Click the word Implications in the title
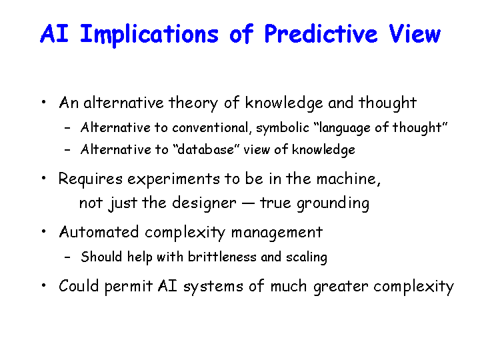pyautogui.click(x=149, y=35)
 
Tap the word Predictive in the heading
pyautogui.click(x=321, y=34)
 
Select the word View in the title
pyautogui.click(x=415, y=33)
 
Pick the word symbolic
pyautogui.click(x=283, y=128)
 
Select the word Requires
pyautogui.click(x=91, y=179)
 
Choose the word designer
pyautogui.click(x=204, y=203)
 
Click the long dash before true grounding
pyautogui.click(x=248, y=203)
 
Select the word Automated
pyautogui.click(x=99, y=232)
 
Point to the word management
pyautogui.click(x=277, y=233)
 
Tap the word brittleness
pyautogui.click(x=222, y=257)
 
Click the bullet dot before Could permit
pyautogui.click(x=44, y=285)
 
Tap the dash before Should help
pyautogui.click(x=67, y=257)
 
